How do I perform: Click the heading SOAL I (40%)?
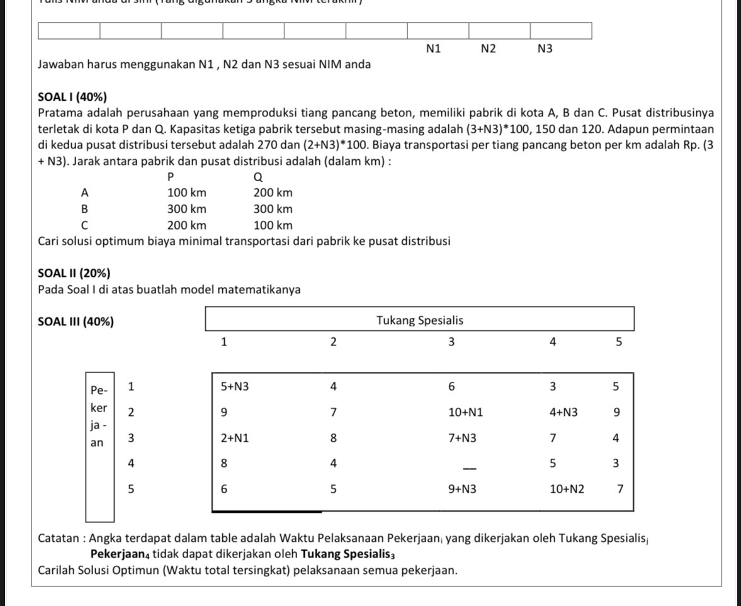click(72, 97)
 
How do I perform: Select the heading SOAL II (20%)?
click(74, 273)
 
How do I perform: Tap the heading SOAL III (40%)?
click(76, 322)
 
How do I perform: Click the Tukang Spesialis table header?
click(419, 320)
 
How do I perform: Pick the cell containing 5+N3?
click(234, 386)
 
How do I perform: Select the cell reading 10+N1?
click(465, 412)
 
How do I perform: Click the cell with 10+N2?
click(567, 488)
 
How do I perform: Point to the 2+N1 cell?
click(234, 438)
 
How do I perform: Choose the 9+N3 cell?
click(462, 488)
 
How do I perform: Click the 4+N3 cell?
click(563, 412)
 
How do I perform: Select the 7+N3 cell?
click(462, 438)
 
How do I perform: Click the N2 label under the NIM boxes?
click(488, 48)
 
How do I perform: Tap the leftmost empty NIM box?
click(69, 30)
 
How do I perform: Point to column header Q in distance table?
click(257, 177)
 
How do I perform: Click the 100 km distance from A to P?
click(186, 193)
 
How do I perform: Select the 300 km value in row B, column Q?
click(273, 209)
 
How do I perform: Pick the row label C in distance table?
click(84, 225)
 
